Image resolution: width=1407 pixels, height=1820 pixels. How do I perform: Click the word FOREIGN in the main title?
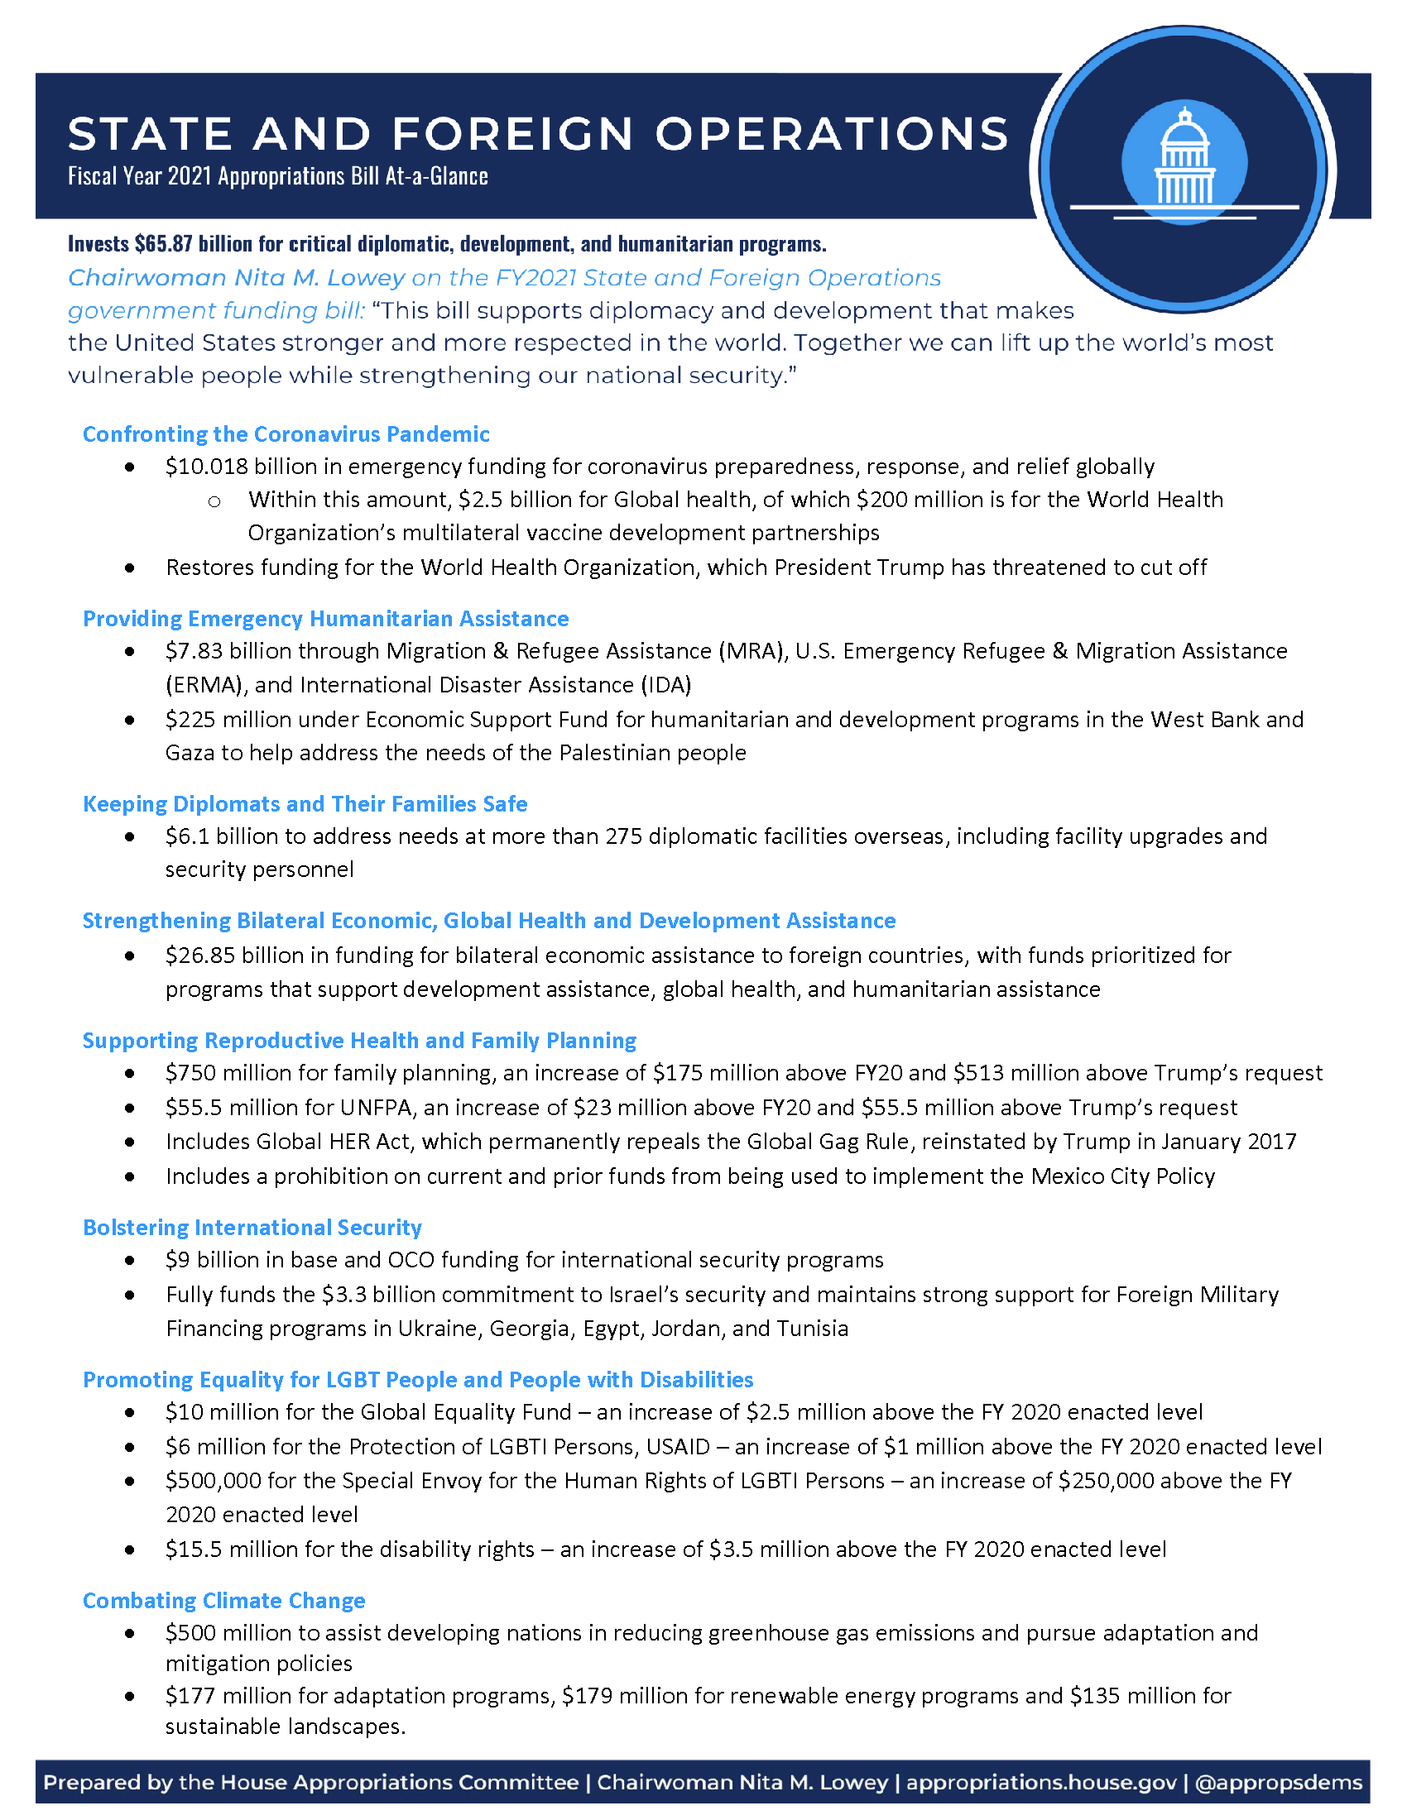511,134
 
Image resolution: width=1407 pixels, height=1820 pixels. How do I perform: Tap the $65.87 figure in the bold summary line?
163,243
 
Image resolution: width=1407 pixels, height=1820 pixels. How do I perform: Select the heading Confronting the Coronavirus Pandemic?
286,434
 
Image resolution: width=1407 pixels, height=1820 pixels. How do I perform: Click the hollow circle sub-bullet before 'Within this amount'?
214,500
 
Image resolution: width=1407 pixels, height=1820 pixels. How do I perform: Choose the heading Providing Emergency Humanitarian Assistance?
325,618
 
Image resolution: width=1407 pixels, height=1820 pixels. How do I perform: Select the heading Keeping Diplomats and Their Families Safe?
305,803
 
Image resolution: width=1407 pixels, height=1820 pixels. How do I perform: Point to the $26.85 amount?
200,955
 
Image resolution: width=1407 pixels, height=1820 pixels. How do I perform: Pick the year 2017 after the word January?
1272,1142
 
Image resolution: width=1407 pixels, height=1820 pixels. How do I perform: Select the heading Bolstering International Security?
252,1228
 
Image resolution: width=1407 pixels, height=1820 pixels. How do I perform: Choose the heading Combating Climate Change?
223,1601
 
